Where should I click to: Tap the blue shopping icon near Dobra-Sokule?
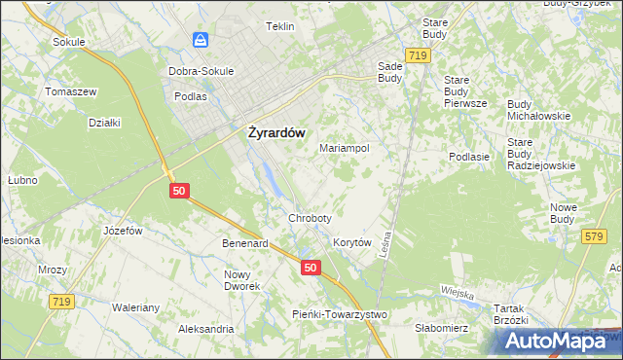tap(201, 40)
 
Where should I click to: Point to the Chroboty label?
tap(311, 218)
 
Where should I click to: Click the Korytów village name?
tap(353, 242)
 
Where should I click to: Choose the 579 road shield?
tap(593, 236)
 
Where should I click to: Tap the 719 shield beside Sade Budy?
tap(419, 58)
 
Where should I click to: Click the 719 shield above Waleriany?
tap(62, 303)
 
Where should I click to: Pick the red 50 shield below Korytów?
tap(310, 268)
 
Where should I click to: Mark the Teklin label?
tap(280, 26)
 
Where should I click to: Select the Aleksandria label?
tap(205, 329)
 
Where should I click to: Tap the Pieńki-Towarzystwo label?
tap(340, 314)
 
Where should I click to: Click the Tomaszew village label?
tap(69, 91)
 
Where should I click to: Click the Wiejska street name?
tap(456, 294)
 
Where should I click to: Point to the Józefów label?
tap(124, 231)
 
